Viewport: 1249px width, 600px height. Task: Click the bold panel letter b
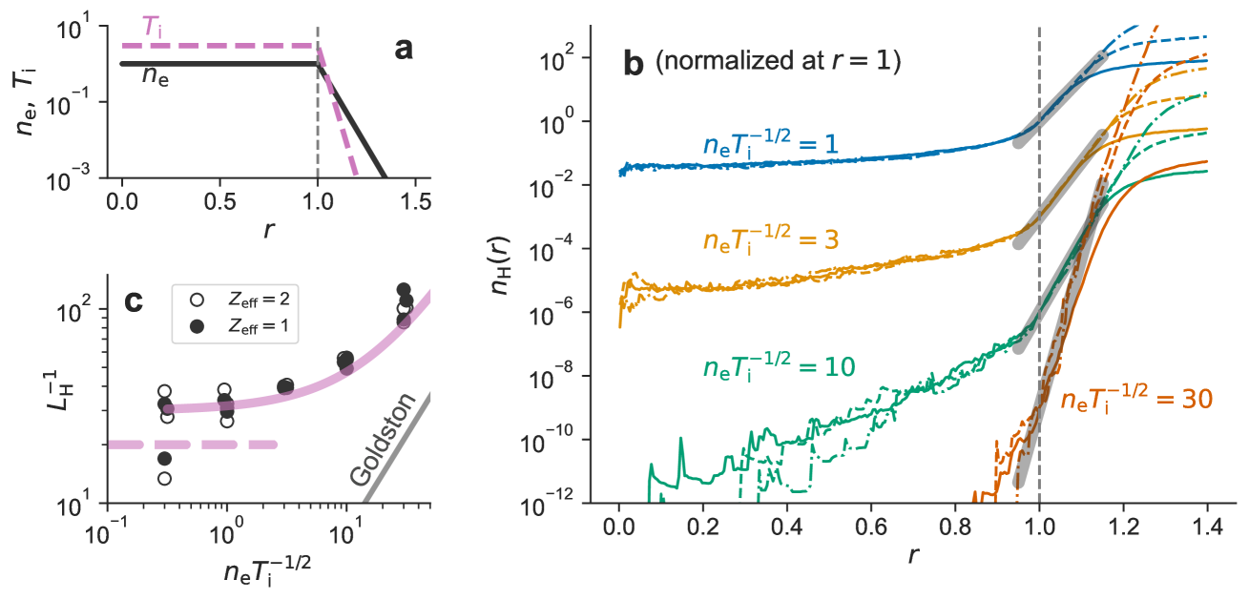click(x=634, y=64)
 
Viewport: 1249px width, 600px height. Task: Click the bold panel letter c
click(x=135, y=301)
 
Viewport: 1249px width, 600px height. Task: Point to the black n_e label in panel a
click(x=157, y=76)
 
